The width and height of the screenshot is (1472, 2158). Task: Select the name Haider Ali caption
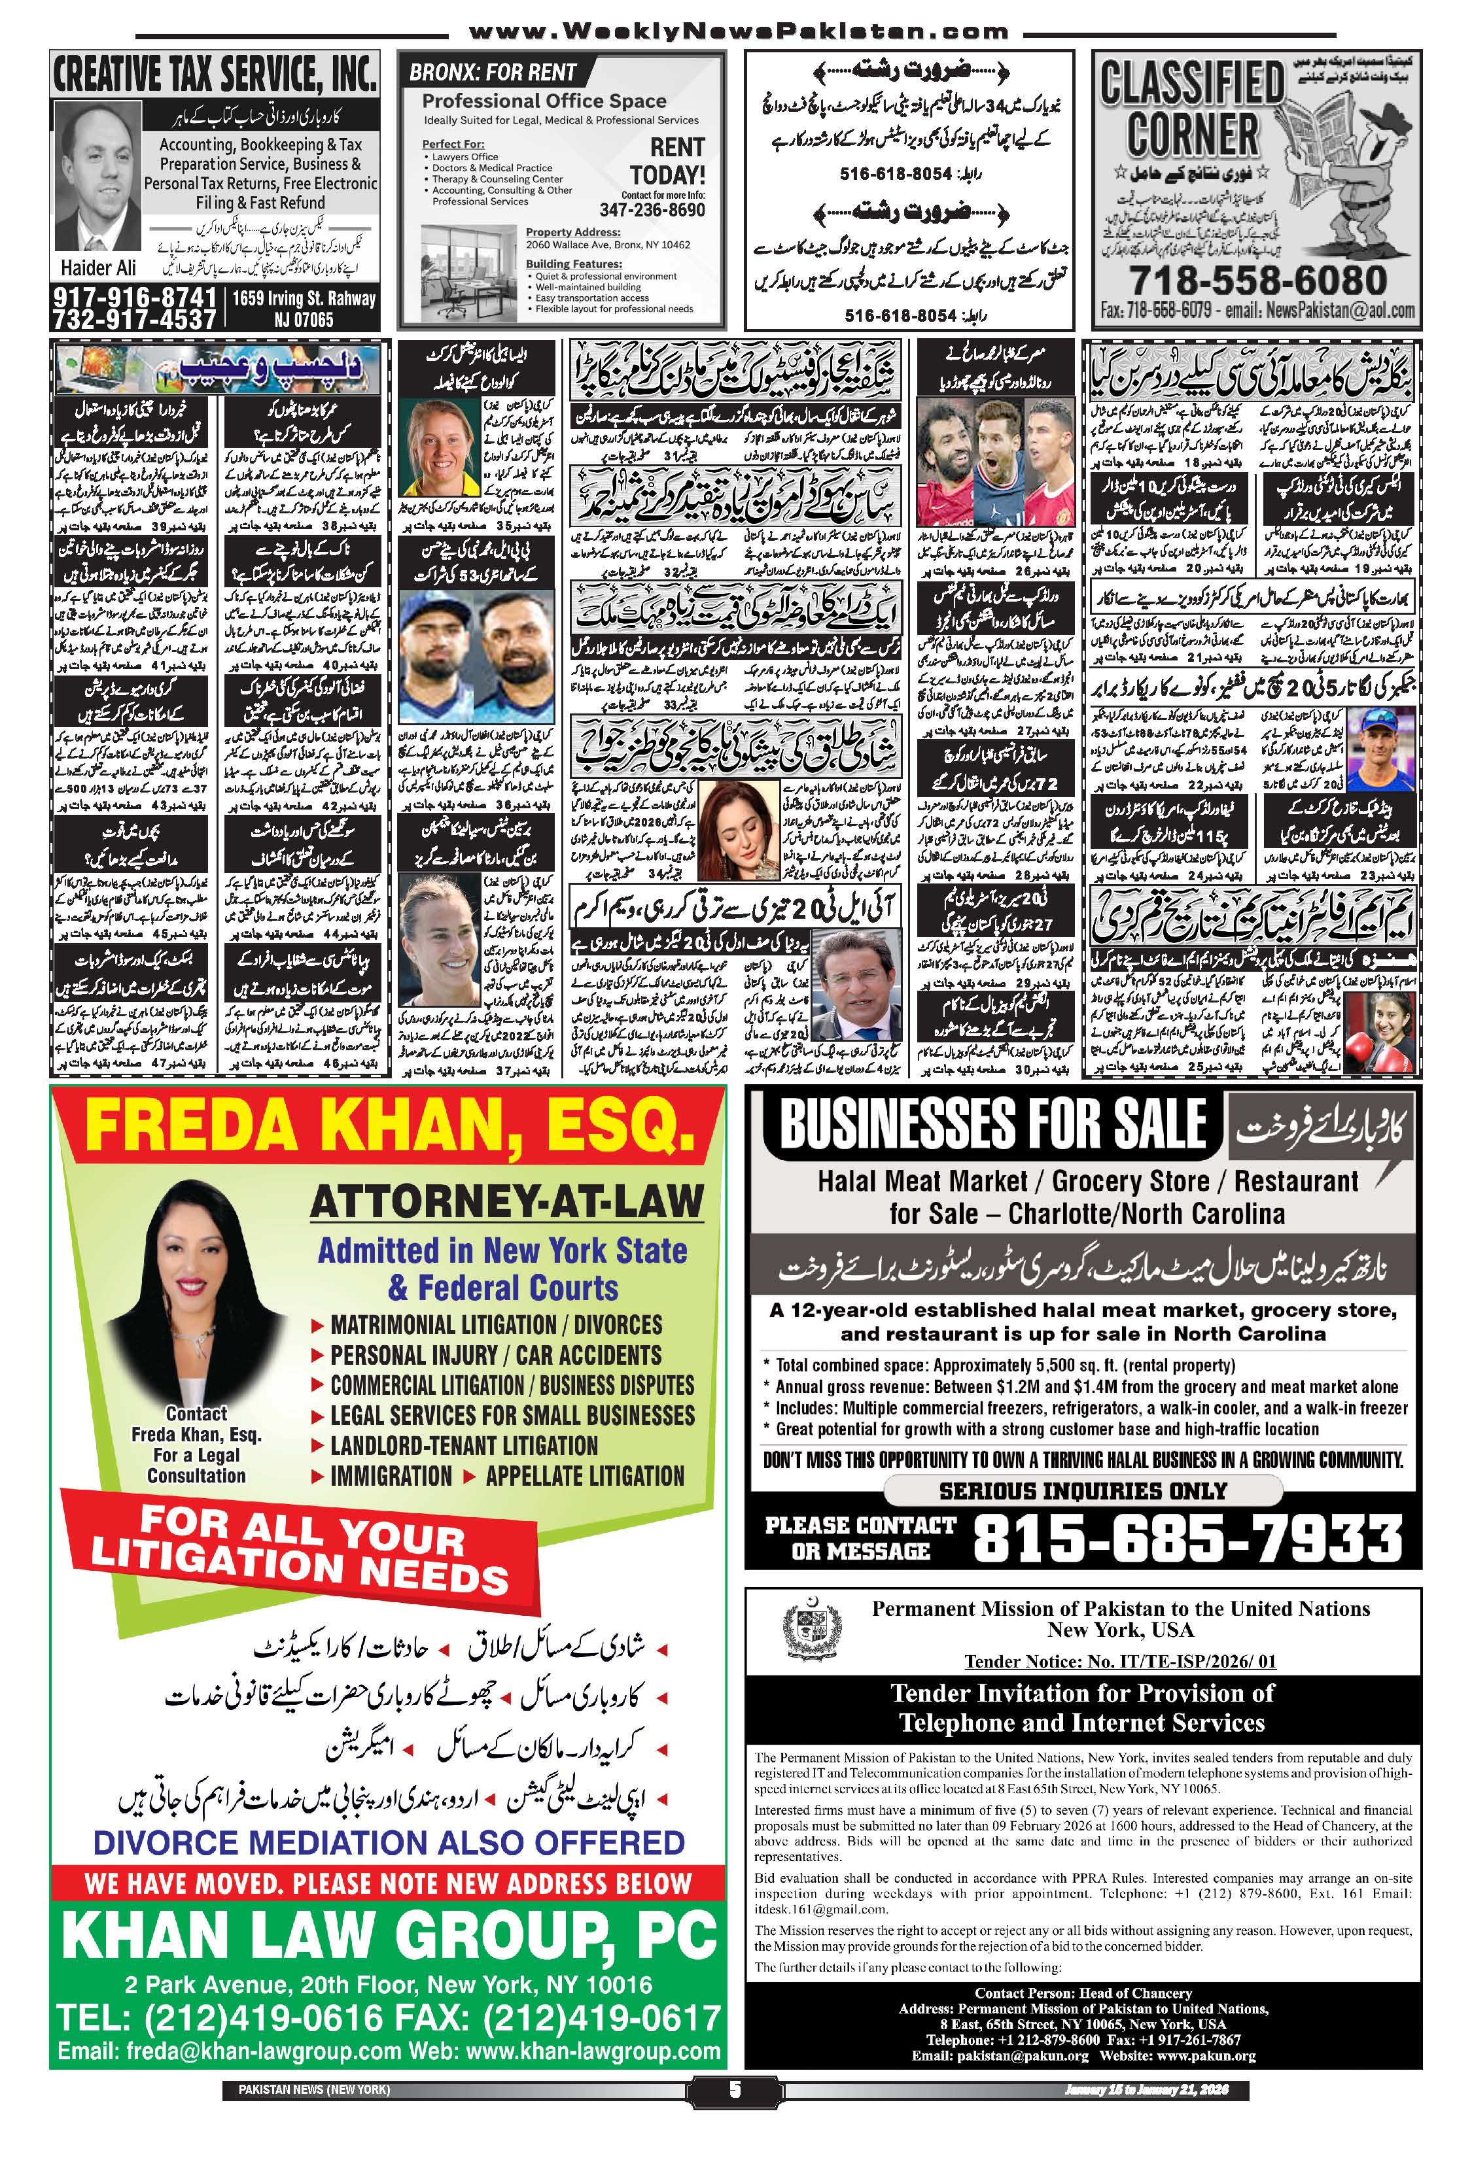[98, 267]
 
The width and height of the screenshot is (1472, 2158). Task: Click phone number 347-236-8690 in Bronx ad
[652, 210]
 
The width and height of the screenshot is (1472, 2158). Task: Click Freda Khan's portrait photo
[197, 1290]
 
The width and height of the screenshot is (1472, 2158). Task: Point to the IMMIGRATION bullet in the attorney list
[390, 1475]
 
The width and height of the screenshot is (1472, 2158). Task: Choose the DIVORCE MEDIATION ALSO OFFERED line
[389, 1843]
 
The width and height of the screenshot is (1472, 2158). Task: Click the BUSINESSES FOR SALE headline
[992, 1125]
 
